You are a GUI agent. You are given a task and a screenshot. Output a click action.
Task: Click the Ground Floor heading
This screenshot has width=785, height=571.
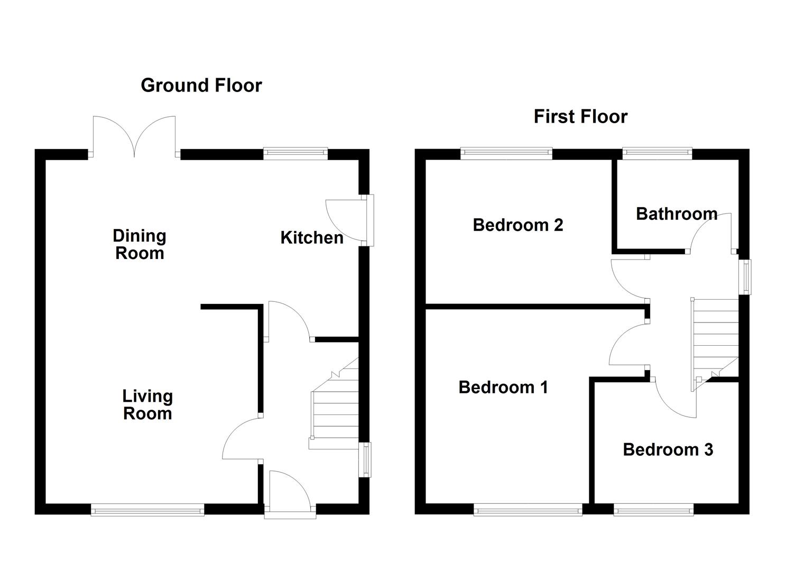(x=201, y=86)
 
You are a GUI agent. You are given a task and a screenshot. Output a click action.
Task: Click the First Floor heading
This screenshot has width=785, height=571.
(x=580, y=117)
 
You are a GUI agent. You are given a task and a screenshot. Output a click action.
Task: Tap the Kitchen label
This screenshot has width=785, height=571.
(x=311, y=238)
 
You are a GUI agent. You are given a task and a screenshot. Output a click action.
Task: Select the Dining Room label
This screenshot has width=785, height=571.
(x=140, y=244)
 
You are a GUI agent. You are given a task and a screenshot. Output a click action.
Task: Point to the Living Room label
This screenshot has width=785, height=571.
(x=147, y=405)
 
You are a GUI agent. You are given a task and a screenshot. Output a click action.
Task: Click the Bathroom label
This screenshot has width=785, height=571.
(x=676, y=214)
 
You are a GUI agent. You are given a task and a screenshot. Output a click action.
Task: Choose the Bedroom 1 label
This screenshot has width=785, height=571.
(x=503, y=388)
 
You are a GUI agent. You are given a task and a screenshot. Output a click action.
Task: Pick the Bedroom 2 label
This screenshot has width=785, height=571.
(x=518, y=225)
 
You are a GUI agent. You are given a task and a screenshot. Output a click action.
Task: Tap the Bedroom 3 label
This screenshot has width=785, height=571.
(x=668, y=450)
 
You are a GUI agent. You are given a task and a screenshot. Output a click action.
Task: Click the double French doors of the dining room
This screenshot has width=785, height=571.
(x=134, y=137)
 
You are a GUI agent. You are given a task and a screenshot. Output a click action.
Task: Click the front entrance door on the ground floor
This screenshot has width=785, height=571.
(x=290, y=494)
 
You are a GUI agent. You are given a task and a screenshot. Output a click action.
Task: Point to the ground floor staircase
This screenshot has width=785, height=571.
(x=335, y=403)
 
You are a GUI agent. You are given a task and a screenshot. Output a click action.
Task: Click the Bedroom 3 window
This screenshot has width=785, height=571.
(x=653, y=510)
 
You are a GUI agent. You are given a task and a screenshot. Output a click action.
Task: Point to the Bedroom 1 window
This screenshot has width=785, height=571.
(x=528, y=510)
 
